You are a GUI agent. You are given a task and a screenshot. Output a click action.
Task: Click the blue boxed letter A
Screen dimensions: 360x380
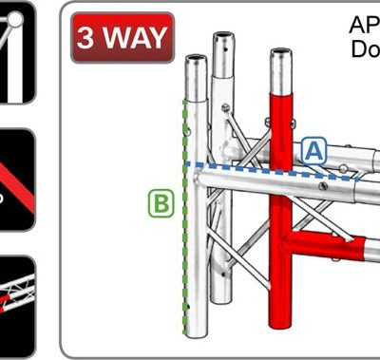point(314,149)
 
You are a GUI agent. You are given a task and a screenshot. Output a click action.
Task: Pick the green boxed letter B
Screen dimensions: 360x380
point(161,201)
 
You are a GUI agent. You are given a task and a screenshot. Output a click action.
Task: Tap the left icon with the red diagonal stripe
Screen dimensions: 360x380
point(16,180)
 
